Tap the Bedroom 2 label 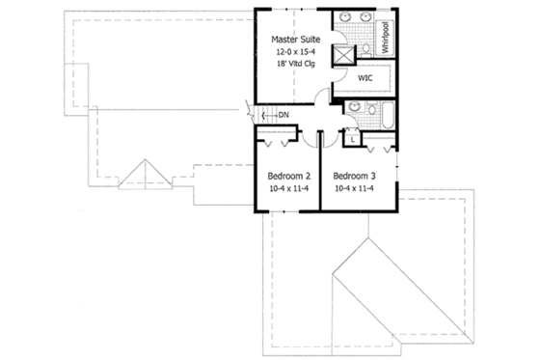pos(287,177)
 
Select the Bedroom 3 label pos(354,177)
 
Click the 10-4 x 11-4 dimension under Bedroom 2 pos(287,190)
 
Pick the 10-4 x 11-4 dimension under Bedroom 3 pos(354,190)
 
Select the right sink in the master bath pos(367,18)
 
